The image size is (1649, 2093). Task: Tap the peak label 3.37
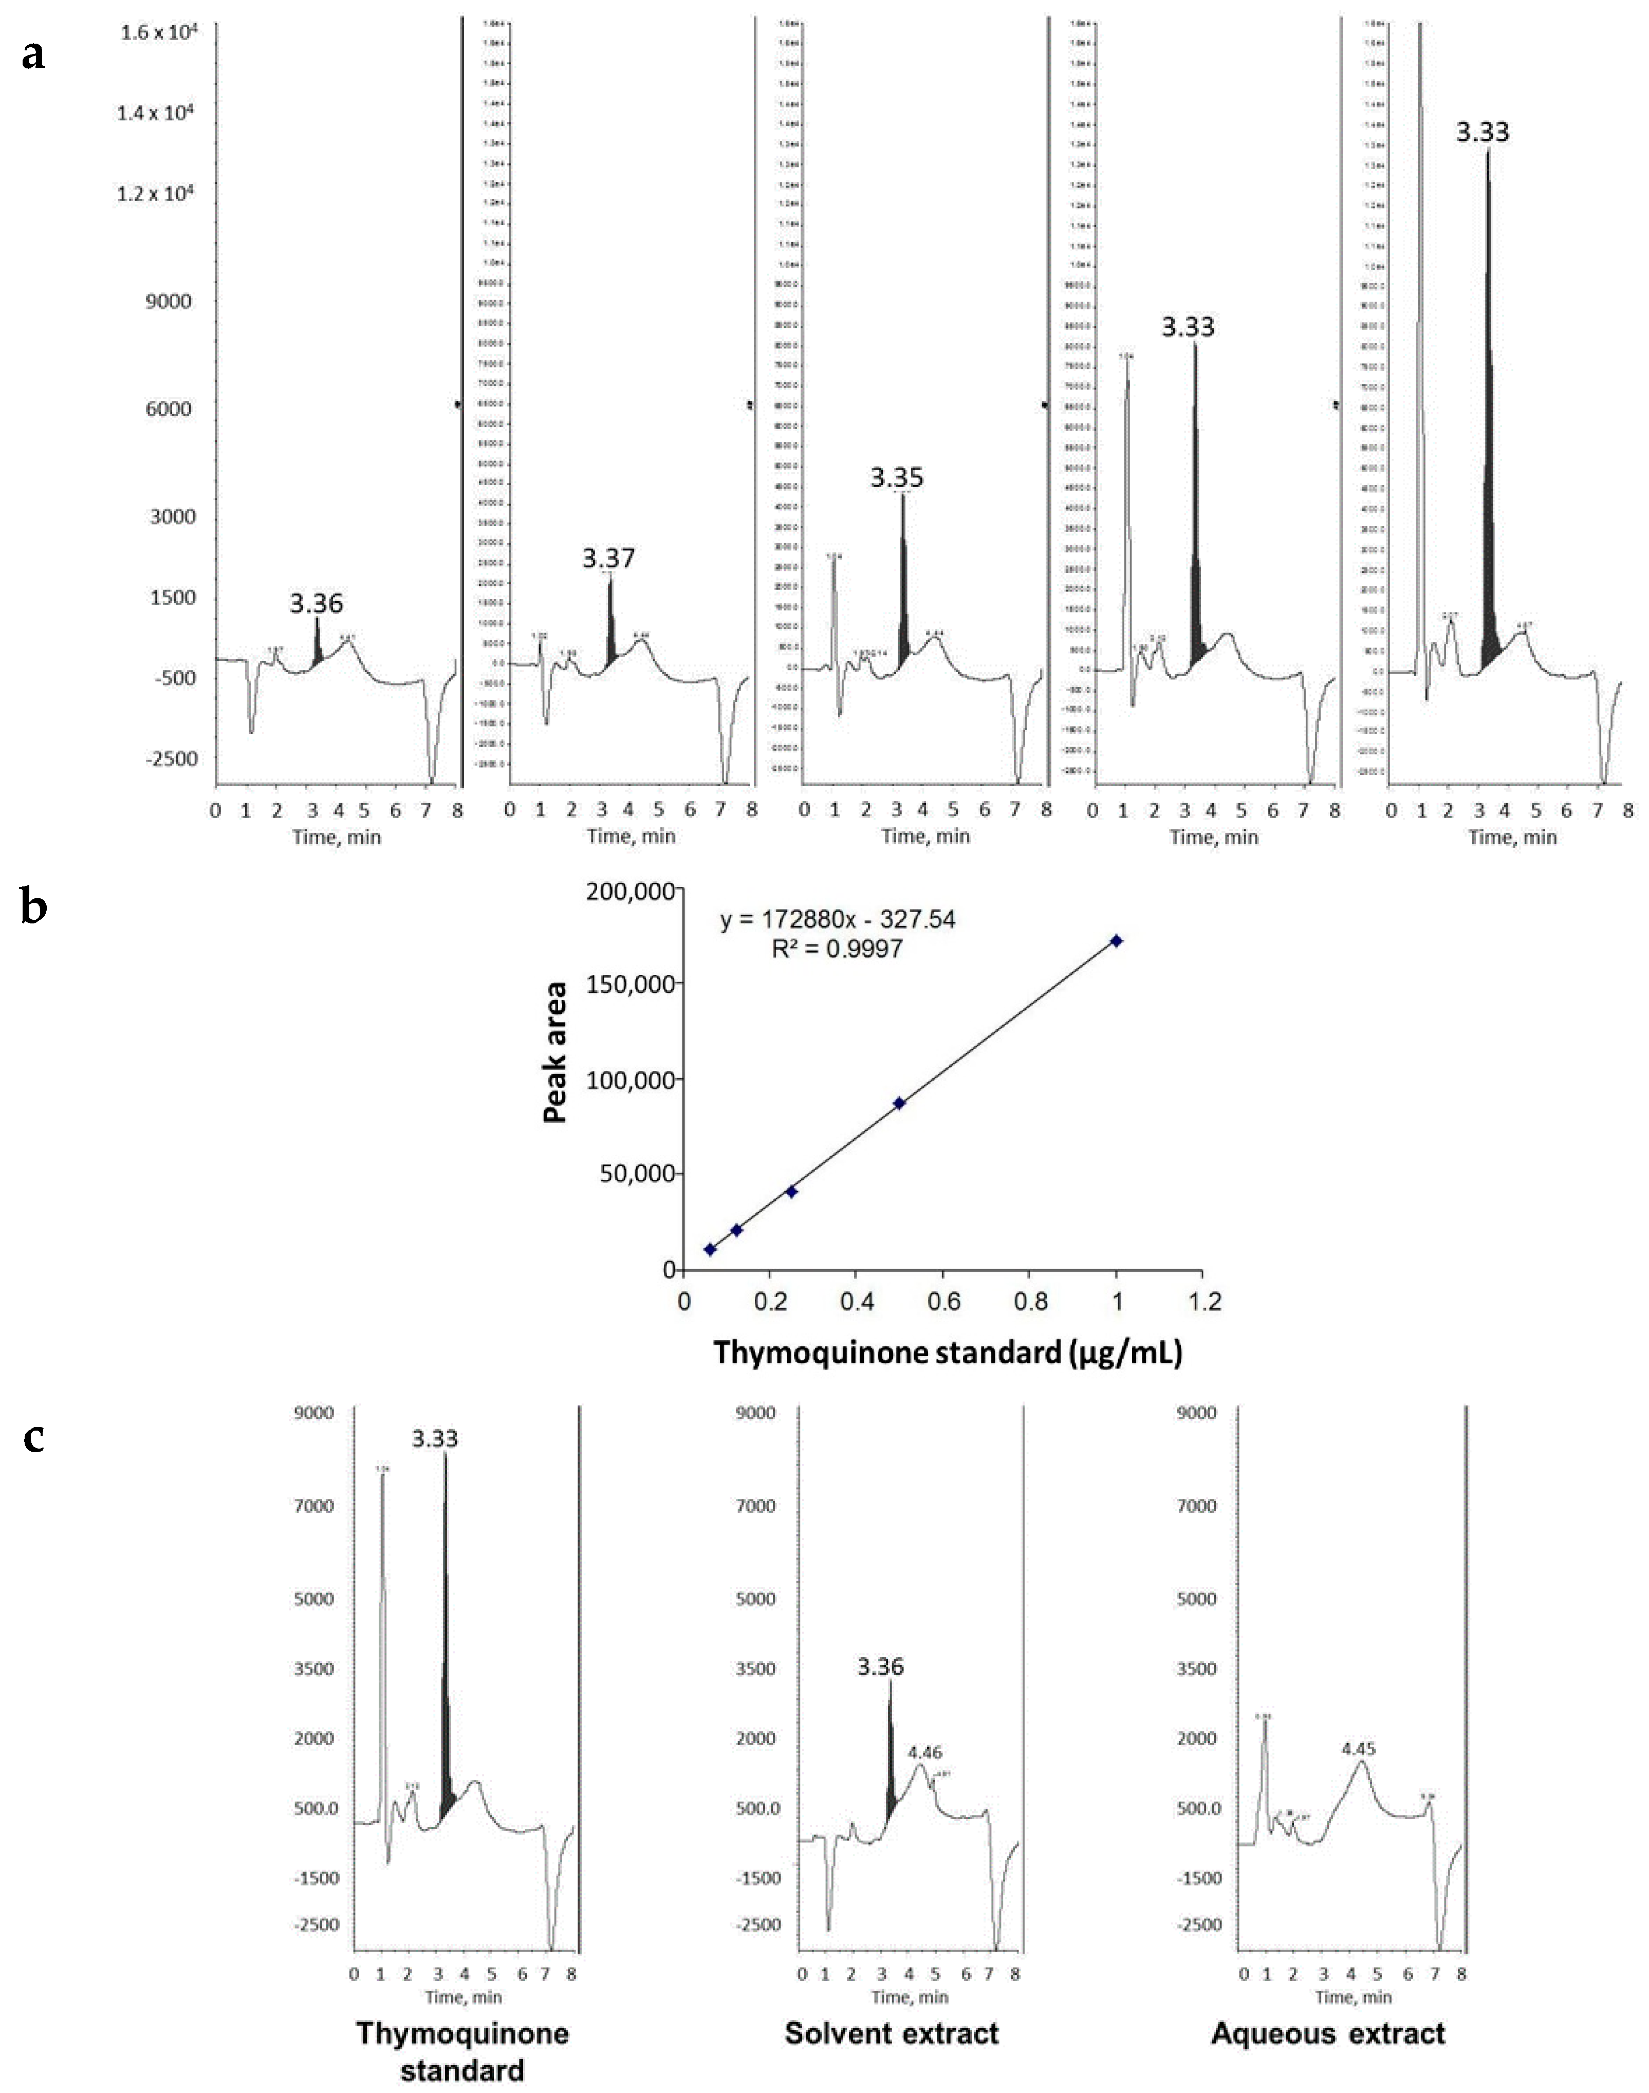coord(608,558)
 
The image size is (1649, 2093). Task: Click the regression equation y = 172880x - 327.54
coord(837,920)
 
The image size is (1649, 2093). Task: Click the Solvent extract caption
coord(891,2034)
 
